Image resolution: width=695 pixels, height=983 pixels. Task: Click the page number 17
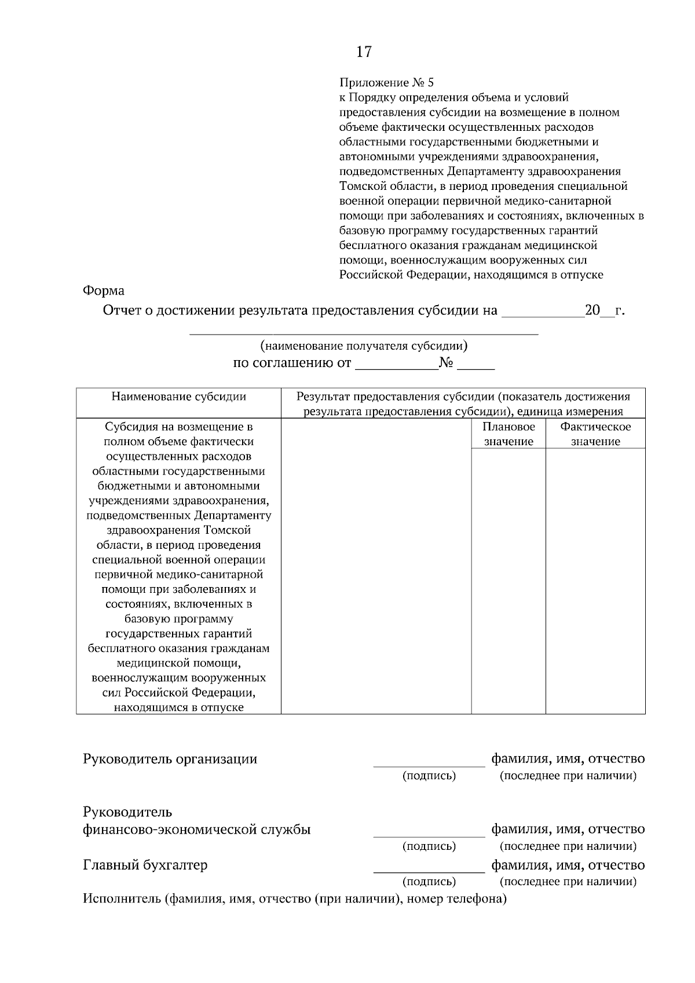tap(364, 52)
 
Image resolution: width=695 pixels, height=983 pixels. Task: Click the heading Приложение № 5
tap(386, 83)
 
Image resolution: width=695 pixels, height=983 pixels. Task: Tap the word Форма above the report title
tap(104, 291)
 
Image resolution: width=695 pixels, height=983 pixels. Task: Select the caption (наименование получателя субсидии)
tap(364, 346)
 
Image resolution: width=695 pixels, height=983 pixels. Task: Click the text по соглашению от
tap(292, 364)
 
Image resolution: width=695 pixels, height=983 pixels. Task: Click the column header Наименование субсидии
tap(178, 397)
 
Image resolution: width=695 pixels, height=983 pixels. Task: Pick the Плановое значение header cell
tap(509, 434)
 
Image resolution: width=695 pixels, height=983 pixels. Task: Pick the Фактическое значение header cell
tap(595, 434)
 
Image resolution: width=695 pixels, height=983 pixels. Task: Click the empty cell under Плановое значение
tap(509, 579)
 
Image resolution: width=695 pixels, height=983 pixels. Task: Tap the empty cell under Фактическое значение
tap(595, 579)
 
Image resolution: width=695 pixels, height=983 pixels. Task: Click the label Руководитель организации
tap(170, 759)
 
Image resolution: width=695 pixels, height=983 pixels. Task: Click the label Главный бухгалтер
tap(145, 865)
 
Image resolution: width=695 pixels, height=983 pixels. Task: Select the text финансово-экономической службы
tap(197, 830)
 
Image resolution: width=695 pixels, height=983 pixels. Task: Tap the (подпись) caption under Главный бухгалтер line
tap(429, 882)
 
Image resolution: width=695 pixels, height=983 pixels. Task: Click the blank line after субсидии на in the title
tap(543, 313)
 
